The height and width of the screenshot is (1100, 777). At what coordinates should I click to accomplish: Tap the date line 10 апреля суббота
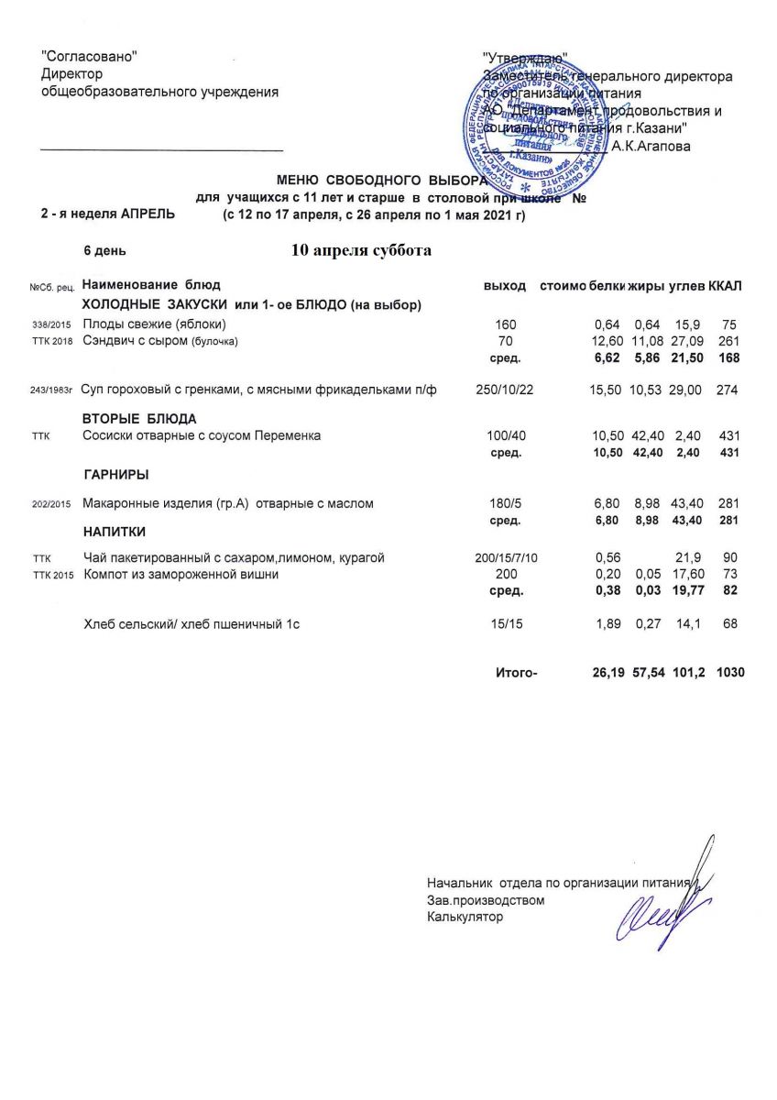pyautogui.click(x=361, y=250)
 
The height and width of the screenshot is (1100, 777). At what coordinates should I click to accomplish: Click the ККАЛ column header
pyautogui.click(x=725, y=286)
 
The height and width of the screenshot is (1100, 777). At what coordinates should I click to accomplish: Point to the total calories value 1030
pyautogui.click(x=731, y=673)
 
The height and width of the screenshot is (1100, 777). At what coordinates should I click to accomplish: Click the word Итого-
pyautogui.click(x=516, y=673)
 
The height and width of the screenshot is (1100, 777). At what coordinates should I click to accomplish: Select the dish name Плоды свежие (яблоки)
pyautogui.click(x=154, y=324)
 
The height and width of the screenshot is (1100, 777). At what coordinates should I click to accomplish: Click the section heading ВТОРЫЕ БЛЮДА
pyautogui.click(x=139, y=419)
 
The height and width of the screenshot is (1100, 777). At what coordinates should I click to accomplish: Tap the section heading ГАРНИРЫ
pyautogui.click(x=115, y=475)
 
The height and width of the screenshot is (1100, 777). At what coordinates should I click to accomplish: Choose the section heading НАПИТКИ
pyautogui.click(x=115, y=532)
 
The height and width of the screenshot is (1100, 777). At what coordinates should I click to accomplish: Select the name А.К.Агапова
pyautogui.click(x=651, y=145)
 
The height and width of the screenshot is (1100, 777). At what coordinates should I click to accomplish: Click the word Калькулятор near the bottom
pyautogui.click(x=465, y=917)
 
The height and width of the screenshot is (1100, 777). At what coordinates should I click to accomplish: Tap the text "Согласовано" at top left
pyautogui.click(x=90, y=57)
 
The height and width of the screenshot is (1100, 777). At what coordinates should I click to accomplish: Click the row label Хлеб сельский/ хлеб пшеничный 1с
pyautogui.click(x=192, y=625)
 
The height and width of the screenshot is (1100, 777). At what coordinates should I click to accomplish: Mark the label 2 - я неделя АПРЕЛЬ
pyautogui.click(x=100, y=213)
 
